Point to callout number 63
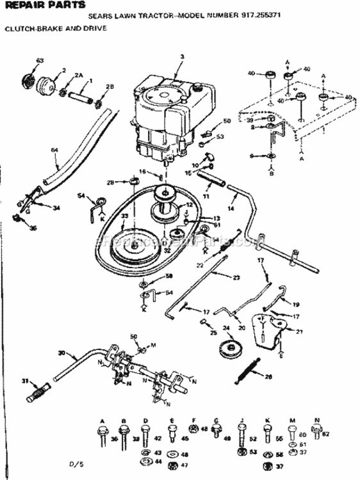[39, 61]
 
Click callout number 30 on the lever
[61, 353]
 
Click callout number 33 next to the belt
[124, 218]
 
